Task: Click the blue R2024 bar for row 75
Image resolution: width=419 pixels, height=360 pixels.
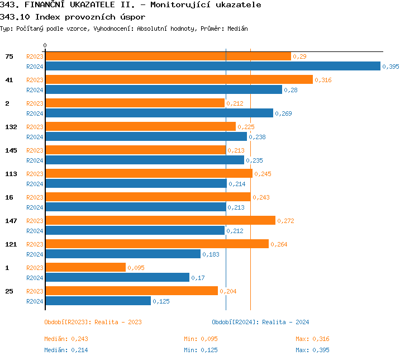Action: point(212,66)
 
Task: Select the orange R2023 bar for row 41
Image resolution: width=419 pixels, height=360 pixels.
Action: point(179,79)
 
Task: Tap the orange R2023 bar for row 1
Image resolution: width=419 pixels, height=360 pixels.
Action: point(85,267)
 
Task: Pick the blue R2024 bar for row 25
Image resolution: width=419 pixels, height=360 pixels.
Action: point(98,301)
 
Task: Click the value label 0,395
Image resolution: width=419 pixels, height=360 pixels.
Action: point(391,67)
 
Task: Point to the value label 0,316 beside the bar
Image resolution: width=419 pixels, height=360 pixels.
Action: point(323,80)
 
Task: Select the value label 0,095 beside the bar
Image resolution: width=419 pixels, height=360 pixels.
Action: point(136,268)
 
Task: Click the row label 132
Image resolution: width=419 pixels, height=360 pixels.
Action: point(11,127)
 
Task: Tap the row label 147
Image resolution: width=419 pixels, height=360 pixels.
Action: point(11,221)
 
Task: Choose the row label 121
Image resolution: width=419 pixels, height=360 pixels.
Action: point(11,244)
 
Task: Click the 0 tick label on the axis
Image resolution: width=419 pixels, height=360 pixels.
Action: point(45,45)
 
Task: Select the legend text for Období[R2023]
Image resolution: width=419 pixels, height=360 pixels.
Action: point(93,322)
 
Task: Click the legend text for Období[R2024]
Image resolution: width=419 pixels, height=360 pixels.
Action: point(260,322)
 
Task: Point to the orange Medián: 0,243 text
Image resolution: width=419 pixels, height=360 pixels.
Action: point(66,339)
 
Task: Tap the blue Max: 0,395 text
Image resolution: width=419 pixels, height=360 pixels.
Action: point(312,350)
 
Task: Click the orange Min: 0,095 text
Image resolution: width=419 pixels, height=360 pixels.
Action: point(201,339)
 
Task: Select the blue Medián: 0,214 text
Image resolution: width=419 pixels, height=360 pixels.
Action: point(66,350)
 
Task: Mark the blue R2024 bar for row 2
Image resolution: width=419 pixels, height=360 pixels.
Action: point(159,113)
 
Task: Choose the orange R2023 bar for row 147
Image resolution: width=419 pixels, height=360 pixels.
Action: point(160,220)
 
